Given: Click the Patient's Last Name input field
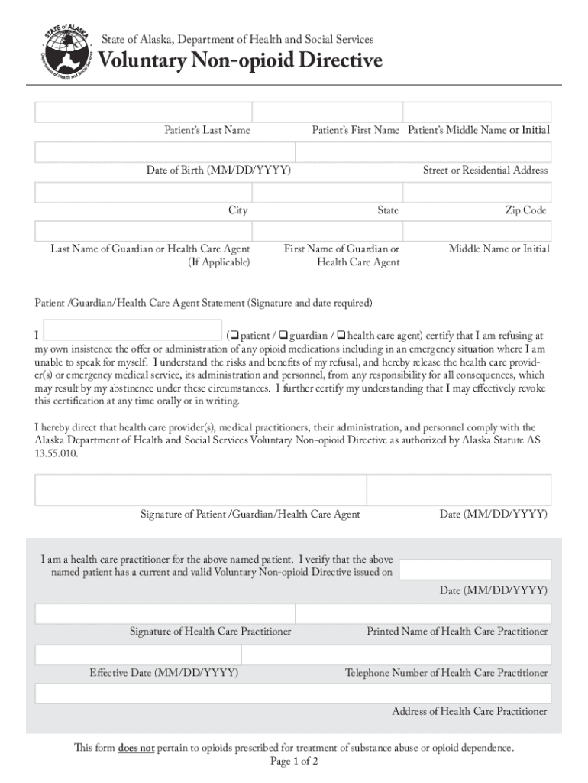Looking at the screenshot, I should point(142,112).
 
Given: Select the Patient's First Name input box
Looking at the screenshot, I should point(326,112).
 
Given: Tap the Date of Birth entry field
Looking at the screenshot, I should point(163,153).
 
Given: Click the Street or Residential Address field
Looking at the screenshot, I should point(422,153).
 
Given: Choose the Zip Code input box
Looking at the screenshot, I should point(477,193).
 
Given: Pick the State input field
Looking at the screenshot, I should point(326,193).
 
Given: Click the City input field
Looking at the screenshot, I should point(142,193).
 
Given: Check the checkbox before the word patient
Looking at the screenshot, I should point(235,335).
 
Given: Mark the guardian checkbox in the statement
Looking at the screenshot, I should point(284,335).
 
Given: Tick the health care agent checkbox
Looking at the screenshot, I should point(341,335).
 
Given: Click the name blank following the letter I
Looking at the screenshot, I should point(133,330).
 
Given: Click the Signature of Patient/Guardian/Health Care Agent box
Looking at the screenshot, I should point(200,489).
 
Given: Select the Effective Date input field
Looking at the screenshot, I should point(138,655).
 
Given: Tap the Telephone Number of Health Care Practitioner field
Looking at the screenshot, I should point(396,655).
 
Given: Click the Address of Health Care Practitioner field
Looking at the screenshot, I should point(293,694).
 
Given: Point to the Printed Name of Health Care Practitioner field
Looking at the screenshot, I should point(423,614).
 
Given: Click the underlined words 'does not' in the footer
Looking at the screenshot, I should point(137,748).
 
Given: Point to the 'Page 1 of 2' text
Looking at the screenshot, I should point(294,762).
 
